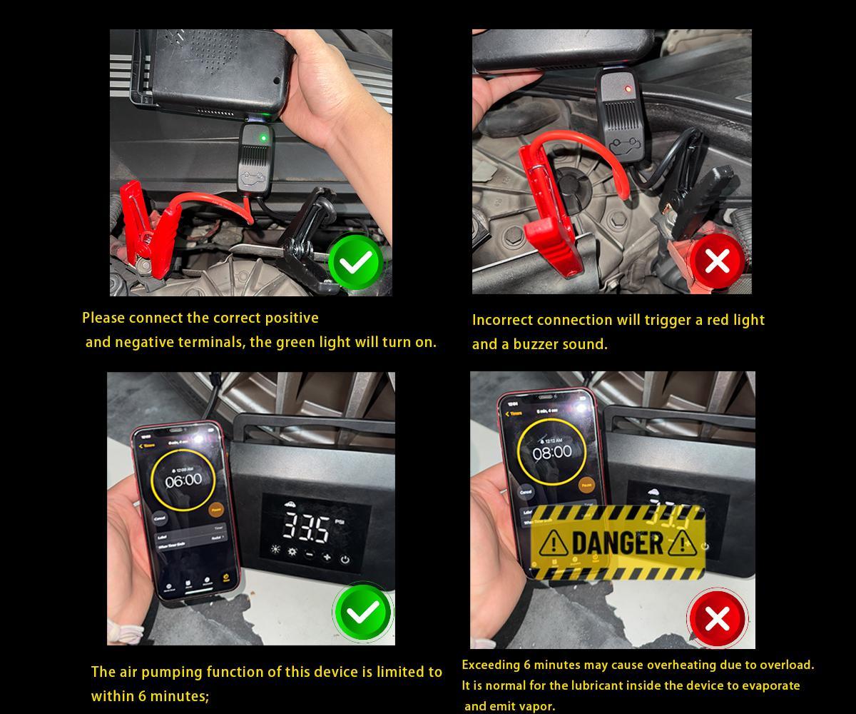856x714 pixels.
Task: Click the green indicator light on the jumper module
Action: click(x=263, y=137)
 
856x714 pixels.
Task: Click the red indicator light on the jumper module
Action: click(x=627, y=89)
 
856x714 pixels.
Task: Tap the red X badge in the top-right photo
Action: click(x=716, y=261)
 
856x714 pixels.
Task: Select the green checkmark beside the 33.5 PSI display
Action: click(x=363, y=613)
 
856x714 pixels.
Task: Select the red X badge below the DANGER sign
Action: click(x=716, y=618)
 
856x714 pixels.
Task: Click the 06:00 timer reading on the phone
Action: click(x=183, y=481)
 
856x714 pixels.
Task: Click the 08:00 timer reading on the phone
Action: click(x=551, y=452)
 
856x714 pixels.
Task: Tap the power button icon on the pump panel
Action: click(x=345, y=559)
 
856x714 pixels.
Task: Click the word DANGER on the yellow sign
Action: click(x=617, y=543)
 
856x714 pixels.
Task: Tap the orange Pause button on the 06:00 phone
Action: click(x=215, y=510)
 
